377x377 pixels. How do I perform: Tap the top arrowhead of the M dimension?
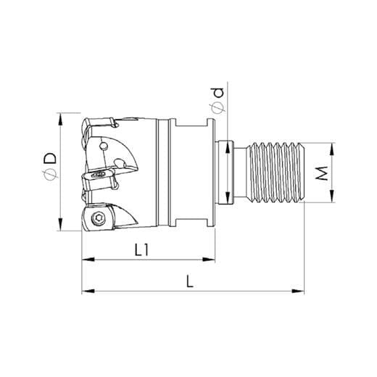point(333,145)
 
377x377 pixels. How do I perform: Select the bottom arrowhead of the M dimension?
point(333,201)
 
